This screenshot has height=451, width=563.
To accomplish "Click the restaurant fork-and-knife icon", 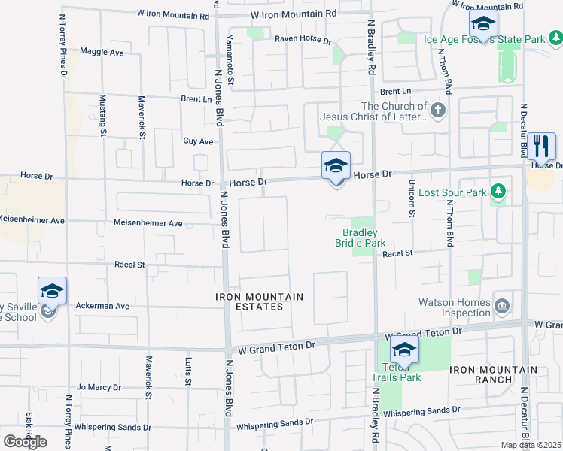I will (x=541, y=146).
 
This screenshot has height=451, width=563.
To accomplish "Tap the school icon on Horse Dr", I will (x=336, y=165).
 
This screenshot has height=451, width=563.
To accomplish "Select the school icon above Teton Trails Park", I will (x=404, y=350).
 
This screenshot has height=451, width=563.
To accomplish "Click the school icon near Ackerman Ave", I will (x=52, y=291).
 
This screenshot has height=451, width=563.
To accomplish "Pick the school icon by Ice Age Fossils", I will (x=482, y=23).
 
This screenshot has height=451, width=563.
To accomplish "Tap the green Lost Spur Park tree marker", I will (x=498, y=192).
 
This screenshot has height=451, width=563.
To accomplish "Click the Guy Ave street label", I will (x=198, y=141).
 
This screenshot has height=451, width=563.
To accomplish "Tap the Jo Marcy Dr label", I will (x=99, y=387).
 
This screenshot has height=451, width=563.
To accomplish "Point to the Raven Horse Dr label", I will (x=303, y=39).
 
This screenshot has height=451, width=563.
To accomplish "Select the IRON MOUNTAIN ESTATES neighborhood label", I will (x=259, y=301).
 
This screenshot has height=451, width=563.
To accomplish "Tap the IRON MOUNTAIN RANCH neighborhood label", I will (x=494, y=374).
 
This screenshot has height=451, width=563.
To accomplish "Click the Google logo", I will (x=25, y=442).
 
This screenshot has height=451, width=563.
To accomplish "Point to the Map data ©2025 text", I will (x=531, y=445).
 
